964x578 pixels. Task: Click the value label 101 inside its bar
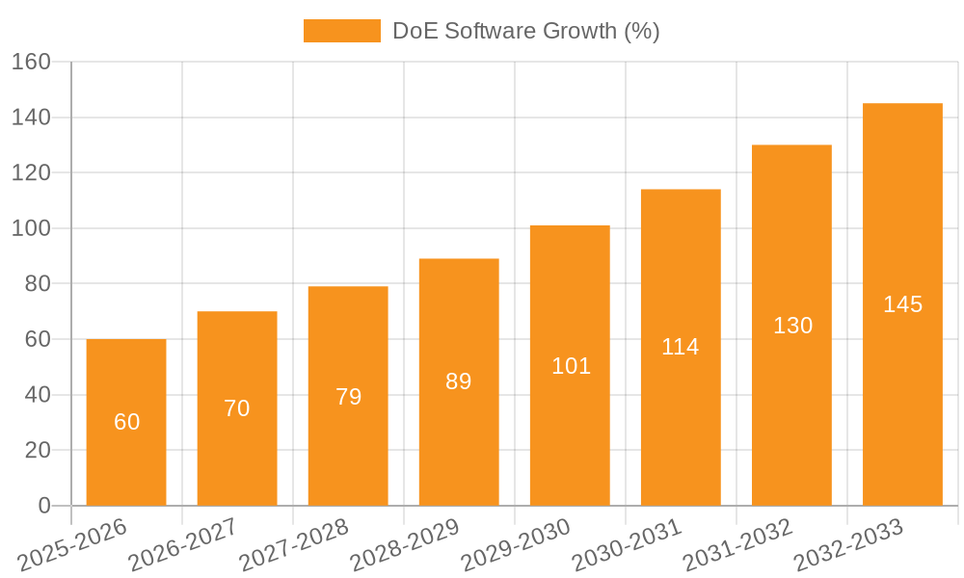pyautogui.click(x=571, y=366)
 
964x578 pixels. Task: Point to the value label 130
pyautogui.click(x=792, y=326)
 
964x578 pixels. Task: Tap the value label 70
pyautogui.click(x=237, y=408)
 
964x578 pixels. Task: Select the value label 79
pyautogui.click(x=348, y=397)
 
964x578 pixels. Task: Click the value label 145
pyautogui.click(x=902, y=304)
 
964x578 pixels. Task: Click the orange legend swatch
pyautogui.click(x=341, y=31)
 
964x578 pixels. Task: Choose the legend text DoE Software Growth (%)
pyautogui.click(x=525, y=31)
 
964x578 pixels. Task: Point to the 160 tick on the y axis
pyautogui.click(x=31, y=62)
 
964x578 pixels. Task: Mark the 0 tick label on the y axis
pyautogui.click(x=43, y=506)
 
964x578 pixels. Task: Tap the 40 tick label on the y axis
pyautogui.click(x=37, y=395)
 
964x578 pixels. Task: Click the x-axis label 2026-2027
pyautogui.click(x=182, y=545)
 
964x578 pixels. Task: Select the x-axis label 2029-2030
pyautogui.click(x=516, y=545)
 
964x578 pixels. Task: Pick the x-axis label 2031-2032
pyautogui.click(x=737, y=545)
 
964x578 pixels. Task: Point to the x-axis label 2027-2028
pyautogui.click(x=293, y=545)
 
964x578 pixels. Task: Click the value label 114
pyautogui.click(x=681, y=347)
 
